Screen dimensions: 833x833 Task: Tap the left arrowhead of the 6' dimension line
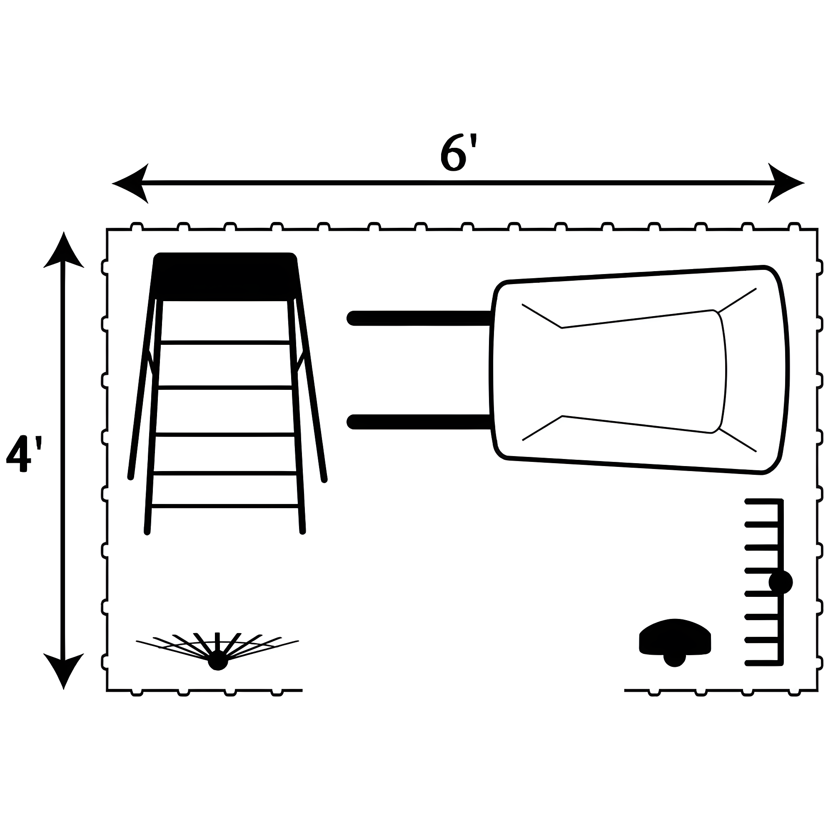[130, 183]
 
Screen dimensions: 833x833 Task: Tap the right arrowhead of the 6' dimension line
[786, 183]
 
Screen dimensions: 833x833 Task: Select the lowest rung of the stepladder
[225, 506]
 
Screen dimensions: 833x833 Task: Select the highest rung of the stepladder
[225, 343]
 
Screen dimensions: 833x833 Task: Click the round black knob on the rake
[781, 583]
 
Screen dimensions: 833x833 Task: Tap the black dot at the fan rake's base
[218, 661]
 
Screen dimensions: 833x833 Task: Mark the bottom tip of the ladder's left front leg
[147, 531]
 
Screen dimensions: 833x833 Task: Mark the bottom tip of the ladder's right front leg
[303, 531]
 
